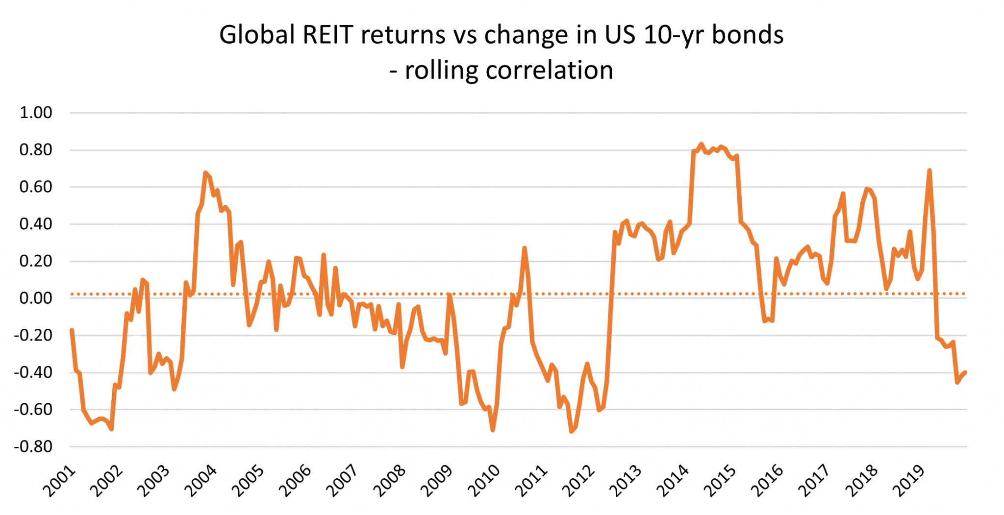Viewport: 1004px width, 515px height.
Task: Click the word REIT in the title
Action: [327, 35]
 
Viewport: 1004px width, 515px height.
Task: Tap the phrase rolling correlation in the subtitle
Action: [509, 71]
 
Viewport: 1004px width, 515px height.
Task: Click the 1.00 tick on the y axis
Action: [36, 113]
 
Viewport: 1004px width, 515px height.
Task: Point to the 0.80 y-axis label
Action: [36, 150]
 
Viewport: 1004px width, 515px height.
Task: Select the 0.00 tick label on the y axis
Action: [36, 298]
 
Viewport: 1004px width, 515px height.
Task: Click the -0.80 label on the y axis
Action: [33, 446]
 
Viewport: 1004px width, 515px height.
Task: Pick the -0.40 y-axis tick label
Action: [33, 372]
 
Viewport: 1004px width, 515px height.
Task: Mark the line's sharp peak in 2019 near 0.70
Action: [929, 171]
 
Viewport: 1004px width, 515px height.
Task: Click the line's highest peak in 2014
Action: [701, 144]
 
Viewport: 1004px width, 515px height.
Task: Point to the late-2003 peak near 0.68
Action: [205, 172]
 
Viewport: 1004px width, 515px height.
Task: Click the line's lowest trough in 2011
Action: [571, 431]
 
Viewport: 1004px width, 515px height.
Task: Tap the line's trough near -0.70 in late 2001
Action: [112, 429]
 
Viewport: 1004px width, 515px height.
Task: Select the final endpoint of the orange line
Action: [965, 372]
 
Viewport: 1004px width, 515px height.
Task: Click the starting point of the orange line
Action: [72, 330]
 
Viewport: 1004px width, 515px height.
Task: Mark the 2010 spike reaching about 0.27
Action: [524, 248]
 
